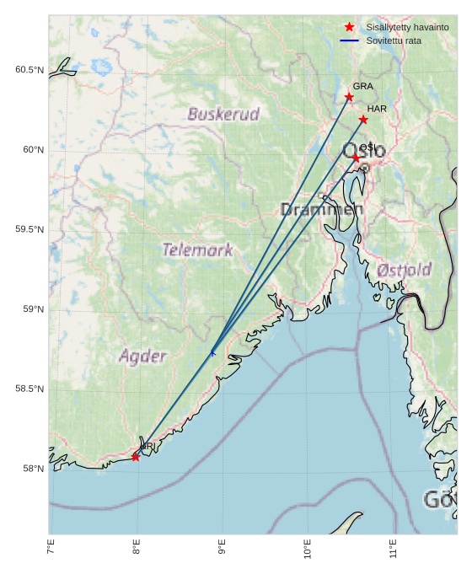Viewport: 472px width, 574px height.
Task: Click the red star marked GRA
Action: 349,97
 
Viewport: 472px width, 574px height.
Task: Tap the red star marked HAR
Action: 363,120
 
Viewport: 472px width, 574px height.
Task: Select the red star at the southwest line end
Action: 136,457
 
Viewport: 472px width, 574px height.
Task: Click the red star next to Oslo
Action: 356,158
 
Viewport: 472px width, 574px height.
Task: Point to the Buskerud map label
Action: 223,114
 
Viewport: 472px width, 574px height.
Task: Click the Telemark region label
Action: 197,249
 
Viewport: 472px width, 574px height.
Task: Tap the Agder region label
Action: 142,356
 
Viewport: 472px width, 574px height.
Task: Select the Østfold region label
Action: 405,270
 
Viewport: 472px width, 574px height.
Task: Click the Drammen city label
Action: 322,209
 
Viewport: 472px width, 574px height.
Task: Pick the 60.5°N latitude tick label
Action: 29,70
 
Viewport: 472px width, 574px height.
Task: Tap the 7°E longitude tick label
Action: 51,551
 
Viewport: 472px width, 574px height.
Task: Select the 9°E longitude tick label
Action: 222,551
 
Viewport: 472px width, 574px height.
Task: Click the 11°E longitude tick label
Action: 393,551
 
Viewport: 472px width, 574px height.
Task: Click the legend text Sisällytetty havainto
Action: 407,28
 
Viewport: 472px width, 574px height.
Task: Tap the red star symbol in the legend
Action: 350,28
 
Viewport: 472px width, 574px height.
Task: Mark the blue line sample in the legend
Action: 350,40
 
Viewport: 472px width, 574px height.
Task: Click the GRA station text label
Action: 362,86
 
